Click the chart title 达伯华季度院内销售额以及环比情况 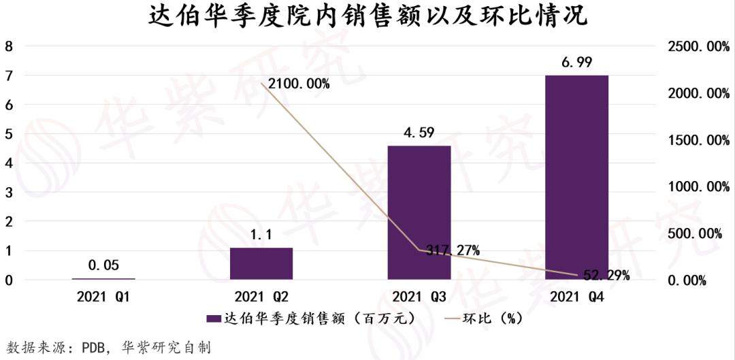367,16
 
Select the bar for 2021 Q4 576,177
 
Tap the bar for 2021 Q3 419,212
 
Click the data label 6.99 576,63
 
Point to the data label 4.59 419,133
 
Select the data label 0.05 103,265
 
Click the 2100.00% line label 299,84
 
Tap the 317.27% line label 453,250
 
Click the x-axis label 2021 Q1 103,297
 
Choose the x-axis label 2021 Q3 419,297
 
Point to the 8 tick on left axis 9,47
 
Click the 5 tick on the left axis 9,134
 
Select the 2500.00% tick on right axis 695,47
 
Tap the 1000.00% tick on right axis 695,186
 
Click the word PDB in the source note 92,348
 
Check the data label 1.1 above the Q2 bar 261,235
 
